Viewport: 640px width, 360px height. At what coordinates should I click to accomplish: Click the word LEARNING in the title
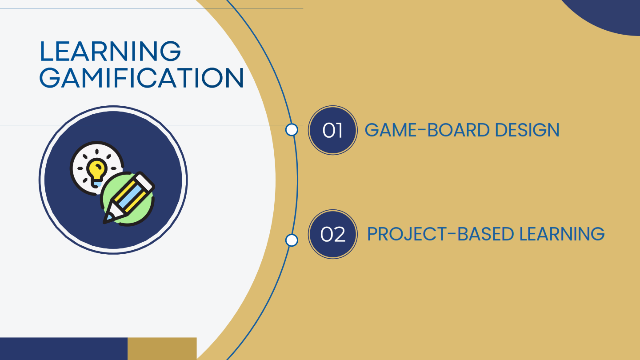tap(110, 51)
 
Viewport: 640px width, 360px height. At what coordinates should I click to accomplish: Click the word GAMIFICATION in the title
tap(141, 78)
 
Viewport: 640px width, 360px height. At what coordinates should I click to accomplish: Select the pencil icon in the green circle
tap(128, 198)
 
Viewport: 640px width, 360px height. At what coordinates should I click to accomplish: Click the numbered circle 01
tap(332, 130)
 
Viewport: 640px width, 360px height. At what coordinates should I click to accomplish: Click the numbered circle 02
tap(332, 234)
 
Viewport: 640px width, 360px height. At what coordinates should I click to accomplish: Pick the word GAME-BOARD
tap(427, 130)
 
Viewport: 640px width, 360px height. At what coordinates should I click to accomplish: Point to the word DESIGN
tap(527, 130)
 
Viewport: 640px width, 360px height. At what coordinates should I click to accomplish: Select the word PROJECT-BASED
tap(440, 234)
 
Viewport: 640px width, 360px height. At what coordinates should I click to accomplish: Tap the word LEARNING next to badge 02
tap(562, 234)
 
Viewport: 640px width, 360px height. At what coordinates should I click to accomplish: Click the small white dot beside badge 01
tap(292, 130)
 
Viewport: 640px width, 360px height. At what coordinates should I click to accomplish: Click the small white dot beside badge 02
tap(292, 240)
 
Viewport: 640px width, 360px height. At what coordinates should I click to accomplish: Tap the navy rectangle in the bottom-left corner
tap(64, 348)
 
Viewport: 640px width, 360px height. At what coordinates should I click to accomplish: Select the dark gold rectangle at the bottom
tap(162, 348)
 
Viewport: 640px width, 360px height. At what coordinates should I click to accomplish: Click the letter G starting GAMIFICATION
tap(49, 78)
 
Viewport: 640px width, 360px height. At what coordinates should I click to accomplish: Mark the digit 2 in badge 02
tap(339, 235)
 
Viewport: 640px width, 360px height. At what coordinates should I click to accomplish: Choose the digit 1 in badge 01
tap(339, 131)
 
